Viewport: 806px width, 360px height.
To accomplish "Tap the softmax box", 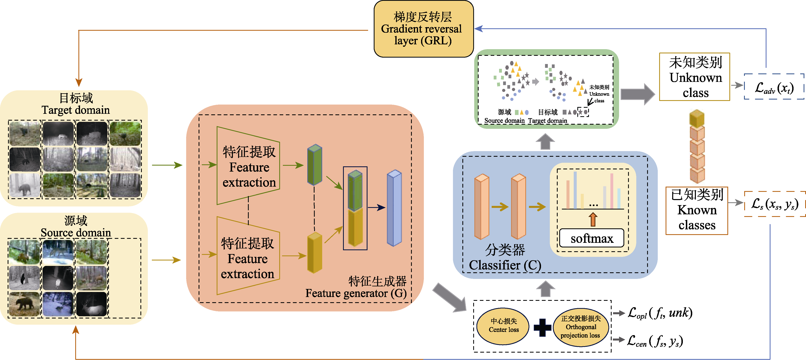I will pos(591,239).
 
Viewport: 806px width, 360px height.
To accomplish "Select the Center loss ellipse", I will pos(503,326).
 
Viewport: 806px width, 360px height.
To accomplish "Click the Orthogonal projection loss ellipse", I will pos(581,327).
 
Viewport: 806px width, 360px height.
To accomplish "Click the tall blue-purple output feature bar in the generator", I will pos(394,208).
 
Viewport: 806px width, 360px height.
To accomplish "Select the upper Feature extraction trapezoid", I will pos(248,166).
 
